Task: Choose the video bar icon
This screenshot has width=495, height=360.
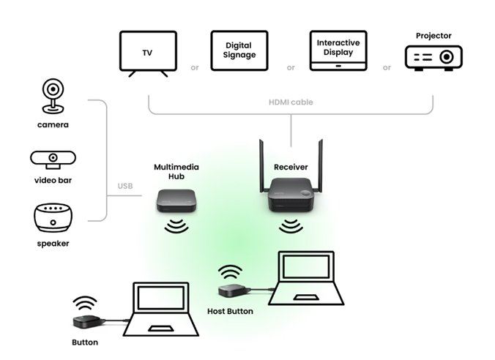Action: pyautogui.click(x=53, y=159)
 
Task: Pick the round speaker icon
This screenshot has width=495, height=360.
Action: pyautogui.click(x=53, y=218)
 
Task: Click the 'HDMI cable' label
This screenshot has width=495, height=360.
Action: pyautogui.click(x=291, y=102)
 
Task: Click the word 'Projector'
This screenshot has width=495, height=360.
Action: pyautogui.click(x=433, y=35)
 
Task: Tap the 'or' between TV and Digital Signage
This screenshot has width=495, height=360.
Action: pyautogui.click(x=194, y=68)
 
